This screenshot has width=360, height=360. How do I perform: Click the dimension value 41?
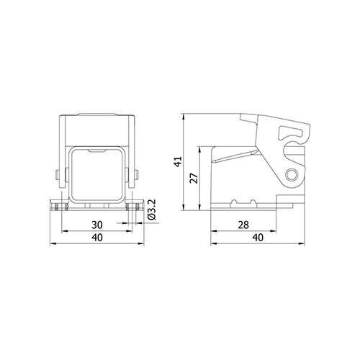pyautogui.click(x=179, y=162)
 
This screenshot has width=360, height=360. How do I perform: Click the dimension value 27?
pyautogui.click(x=194, y=178)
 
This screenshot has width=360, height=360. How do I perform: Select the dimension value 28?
pyautogui.click(x=243, y=225)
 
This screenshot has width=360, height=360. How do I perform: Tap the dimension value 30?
pyautogui.click(x=97, y=225)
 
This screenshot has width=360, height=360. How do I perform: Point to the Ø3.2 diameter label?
pyautogui.click(x=152, y=210)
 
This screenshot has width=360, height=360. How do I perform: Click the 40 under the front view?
pyautogui.click(x=97, y=238)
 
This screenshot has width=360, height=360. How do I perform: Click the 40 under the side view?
pyautogui.click(x=258, y=238)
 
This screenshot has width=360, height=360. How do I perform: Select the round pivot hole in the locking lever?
pyautogui.click(x=292, y=175)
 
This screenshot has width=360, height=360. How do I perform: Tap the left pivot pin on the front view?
pyautogui.click(x=58, y=174)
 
